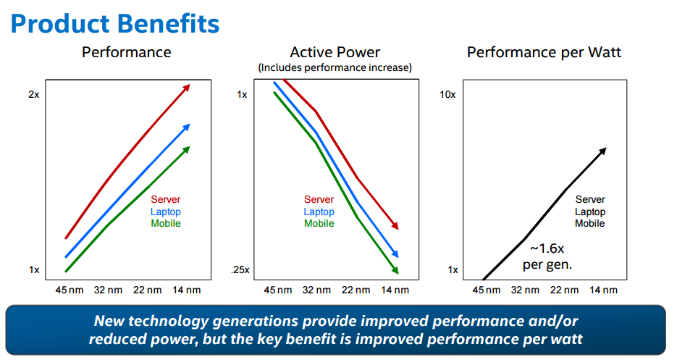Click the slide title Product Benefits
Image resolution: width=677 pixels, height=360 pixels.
(114, 23)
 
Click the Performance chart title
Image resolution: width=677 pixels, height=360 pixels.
(126, 52)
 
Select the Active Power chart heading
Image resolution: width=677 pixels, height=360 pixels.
(335, 52)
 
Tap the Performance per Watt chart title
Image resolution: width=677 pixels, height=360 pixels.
(544, 52)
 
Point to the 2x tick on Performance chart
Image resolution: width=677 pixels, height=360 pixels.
(34, 95)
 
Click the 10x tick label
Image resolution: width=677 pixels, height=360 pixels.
(448, 95)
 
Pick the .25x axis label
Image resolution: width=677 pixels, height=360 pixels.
(240, 270)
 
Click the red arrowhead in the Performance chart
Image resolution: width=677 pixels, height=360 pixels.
(187, 87)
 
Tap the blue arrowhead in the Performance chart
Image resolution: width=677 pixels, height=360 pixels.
(187, 127)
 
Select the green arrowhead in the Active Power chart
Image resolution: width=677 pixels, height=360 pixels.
(396, 269)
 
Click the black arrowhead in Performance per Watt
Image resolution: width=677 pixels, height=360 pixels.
(603, 150)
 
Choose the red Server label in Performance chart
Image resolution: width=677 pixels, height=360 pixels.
(166, 199)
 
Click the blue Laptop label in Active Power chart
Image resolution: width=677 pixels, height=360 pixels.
(319, 212)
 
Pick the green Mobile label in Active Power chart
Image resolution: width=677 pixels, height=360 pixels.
(319, 223)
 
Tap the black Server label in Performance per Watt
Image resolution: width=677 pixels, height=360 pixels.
(590, 199)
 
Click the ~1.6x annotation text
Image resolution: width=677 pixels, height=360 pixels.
(547, 248)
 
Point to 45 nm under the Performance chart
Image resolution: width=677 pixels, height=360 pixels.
(70, 290)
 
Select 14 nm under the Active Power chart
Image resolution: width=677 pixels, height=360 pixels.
(395, 290)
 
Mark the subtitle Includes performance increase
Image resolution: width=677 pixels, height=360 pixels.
(335, 67)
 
